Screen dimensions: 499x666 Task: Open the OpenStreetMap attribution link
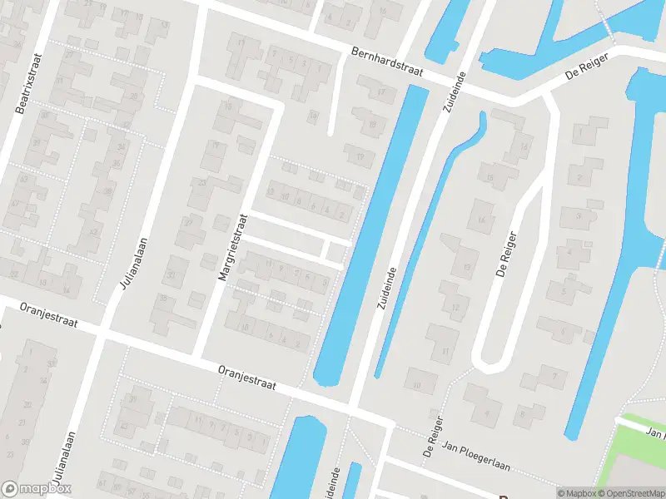tap(630, 493)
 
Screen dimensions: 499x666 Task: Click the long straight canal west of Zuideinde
tap(366, 233)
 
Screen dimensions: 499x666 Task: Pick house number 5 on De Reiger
tap(564, 291)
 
